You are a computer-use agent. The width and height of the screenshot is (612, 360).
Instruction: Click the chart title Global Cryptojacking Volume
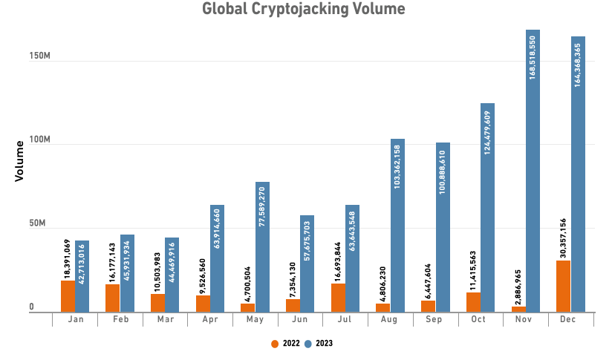click(x=304, y=10)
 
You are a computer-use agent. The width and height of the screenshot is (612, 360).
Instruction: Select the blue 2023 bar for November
click(x=533, y=171)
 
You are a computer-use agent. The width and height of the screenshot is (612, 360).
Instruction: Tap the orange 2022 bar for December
click(x=564, y=286)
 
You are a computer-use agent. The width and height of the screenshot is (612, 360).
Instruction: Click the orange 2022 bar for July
click(x=338, y=297)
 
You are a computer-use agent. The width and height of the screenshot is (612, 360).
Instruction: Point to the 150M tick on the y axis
click(x=39, y=56)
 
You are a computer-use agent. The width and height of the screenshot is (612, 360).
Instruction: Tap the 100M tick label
click(x=39, y=140)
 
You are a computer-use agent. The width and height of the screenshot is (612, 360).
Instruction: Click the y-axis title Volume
click(x=21, y=161)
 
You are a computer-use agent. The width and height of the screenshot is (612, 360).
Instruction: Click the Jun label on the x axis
click(x=299, y=319)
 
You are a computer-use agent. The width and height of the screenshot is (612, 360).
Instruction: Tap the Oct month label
click(x=480, y=319)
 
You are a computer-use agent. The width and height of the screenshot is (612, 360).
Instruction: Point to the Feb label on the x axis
click(x=120, y=319)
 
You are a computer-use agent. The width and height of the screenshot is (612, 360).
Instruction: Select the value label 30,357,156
click(x=563, y=232)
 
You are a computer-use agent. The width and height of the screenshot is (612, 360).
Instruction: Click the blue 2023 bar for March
click(x=172, y=274)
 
